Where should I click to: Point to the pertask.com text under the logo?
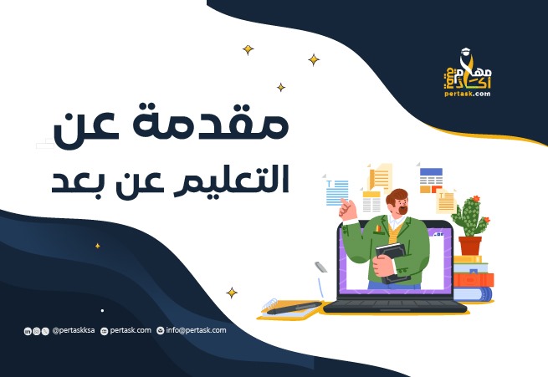469,94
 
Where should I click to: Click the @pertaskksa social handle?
72,331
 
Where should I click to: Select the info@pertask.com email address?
196,330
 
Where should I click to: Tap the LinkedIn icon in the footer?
28,332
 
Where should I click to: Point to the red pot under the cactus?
469,246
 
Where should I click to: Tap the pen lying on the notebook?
294,307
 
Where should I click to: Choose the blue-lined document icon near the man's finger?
336,192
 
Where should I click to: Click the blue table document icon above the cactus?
431,179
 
